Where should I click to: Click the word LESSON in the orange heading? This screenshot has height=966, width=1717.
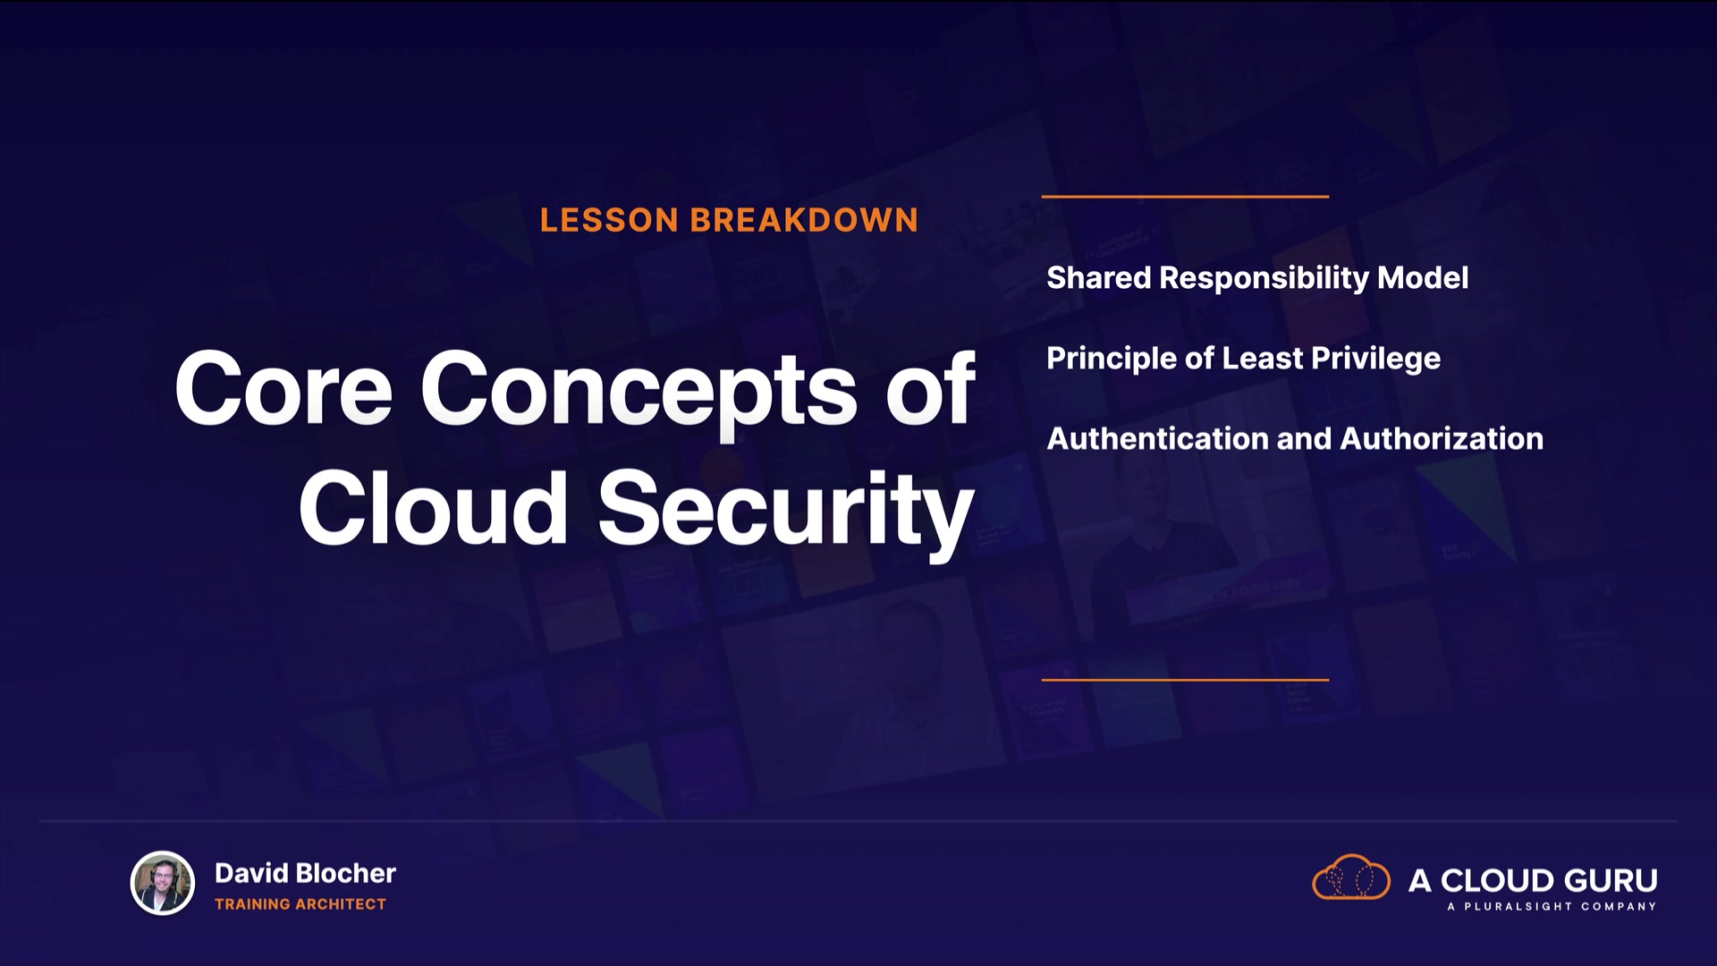[609, 220]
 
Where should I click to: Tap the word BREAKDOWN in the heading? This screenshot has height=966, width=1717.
[804, 220]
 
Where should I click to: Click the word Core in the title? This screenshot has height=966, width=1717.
[283, 388]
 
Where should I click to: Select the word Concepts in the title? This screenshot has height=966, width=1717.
[639, 394]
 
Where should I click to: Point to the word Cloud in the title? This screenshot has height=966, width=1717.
[434, 507]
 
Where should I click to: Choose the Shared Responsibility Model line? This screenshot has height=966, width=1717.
[1257, 278]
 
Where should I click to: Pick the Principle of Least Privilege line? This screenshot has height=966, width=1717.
[1243, 360]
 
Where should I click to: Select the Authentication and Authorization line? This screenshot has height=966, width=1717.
[1295, 439]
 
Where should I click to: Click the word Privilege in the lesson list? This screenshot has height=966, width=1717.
[1375, 360]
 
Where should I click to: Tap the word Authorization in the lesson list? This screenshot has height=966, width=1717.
[1442, 439]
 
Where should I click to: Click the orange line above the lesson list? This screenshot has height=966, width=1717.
[1185, 196]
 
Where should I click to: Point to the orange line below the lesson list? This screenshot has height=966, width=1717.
[1185, 680]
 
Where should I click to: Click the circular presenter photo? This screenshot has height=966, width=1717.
[163, 883]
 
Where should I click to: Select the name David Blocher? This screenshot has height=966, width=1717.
[305, 873]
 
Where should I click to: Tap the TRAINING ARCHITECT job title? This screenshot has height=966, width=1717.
[300, 904]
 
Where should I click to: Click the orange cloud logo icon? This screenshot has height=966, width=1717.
[1350, 877]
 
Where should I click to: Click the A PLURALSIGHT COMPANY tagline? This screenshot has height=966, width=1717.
[1552, 907]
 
